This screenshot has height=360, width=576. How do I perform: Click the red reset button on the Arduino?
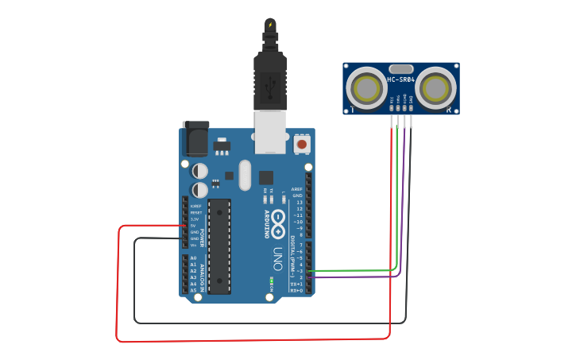(301, 145)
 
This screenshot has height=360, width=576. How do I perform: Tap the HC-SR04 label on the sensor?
(400, 79)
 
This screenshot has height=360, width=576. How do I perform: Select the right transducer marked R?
(437, 87)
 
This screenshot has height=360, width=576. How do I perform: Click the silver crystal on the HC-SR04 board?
(401, 69)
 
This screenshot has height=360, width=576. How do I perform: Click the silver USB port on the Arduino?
(269, 131)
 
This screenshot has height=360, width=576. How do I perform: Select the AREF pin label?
(297, 189)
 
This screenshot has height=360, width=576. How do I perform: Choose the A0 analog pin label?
(193, 257)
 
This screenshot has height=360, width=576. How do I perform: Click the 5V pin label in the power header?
(193, 226)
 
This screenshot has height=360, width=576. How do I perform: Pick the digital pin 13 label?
(299, 202)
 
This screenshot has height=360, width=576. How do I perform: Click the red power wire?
(118, 286)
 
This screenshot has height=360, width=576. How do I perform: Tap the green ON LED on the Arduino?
(271, 280)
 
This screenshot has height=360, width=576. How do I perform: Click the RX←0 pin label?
(297, 290)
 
